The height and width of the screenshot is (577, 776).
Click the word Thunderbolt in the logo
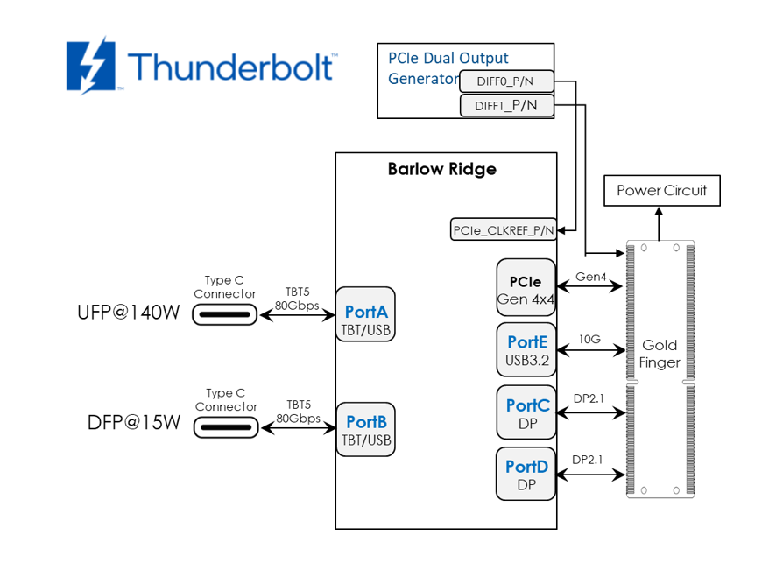pos(229,67)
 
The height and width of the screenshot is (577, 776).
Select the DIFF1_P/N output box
pos(507,106)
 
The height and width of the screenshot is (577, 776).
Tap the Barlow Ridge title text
pos(441,169)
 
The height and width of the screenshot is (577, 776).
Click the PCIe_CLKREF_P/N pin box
pos(504,230)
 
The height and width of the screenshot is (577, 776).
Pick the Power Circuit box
pos(661,190)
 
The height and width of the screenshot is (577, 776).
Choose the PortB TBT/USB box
pos(366,429)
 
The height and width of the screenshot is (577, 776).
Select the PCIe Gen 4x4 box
pos(526,290)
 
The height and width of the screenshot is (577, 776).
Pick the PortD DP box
pos(526,474)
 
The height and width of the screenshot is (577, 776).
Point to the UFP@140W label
pos(129,313)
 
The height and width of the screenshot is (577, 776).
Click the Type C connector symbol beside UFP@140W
pos(225,313)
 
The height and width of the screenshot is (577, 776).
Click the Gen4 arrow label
pos(590,277)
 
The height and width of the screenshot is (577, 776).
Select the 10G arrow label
pos(589,338)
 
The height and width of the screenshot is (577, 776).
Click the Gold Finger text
pos(660,354)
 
